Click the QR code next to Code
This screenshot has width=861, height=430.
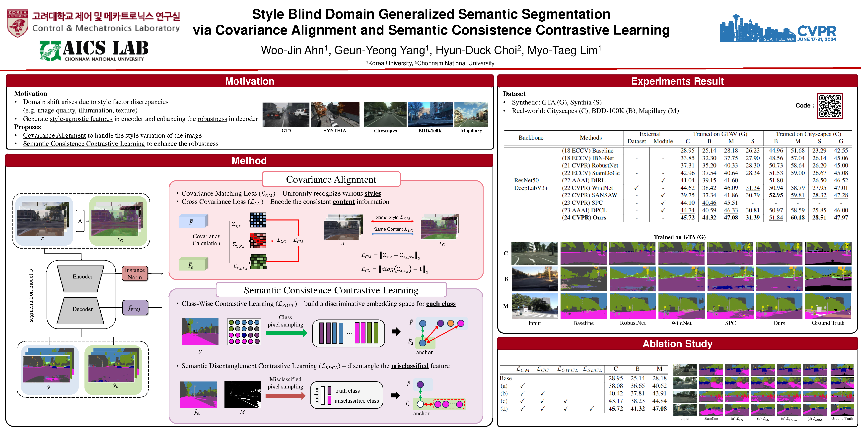pos(830,106)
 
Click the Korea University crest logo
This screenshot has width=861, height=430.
pos(17,23)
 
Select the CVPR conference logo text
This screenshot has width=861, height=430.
pos(817,31)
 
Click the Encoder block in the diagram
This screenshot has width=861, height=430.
pos(82,277)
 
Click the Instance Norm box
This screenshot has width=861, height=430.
pos(135,274)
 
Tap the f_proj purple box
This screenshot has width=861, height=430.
pos(135,308)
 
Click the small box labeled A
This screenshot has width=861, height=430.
pos(80,221)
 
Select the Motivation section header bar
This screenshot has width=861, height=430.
pos(249,81)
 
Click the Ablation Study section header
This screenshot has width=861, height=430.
pos(677,344)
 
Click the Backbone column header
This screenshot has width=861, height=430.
pos(531,138)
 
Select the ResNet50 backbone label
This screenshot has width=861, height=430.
pos(526,180)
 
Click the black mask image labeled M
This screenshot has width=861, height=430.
pos(242,395)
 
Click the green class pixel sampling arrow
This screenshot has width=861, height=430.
pos(287,333)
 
